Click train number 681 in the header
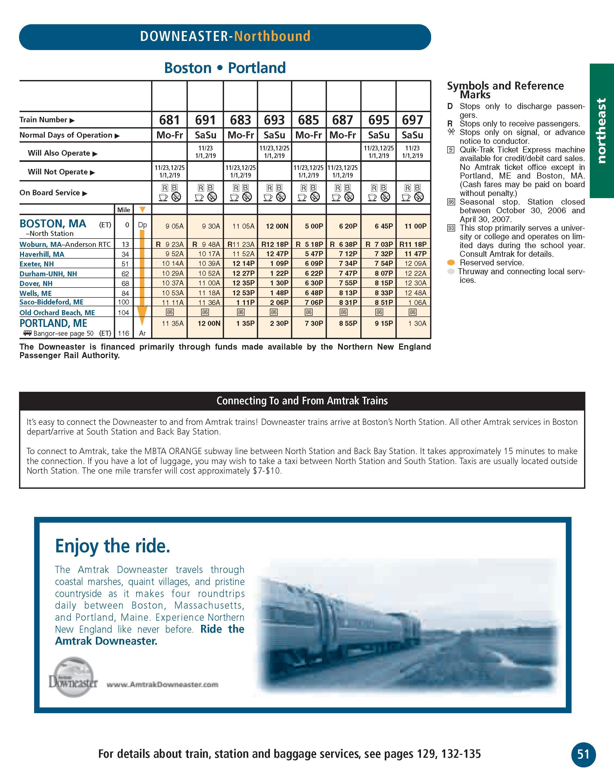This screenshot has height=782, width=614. point(169,120)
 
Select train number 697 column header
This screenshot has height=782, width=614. point(412,120)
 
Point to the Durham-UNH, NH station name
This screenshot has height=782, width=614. point(48,274)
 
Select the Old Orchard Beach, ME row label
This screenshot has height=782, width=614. point(57,313)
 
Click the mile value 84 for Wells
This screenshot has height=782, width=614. point(125,294)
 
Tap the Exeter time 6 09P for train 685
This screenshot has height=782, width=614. point(314,264)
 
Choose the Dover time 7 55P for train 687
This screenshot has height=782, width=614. point(348,283)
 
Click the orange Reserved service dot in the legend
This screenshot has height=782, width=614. point(451,262)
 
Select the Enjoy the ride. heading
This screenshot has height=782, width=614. point(113,546)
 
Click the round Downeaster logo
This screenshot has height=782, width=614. point(73,677)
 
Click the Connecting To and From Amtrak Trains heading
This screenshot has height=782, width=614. point(302,401)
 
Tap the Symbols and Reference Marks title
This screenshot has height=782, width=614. point(505,90)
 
